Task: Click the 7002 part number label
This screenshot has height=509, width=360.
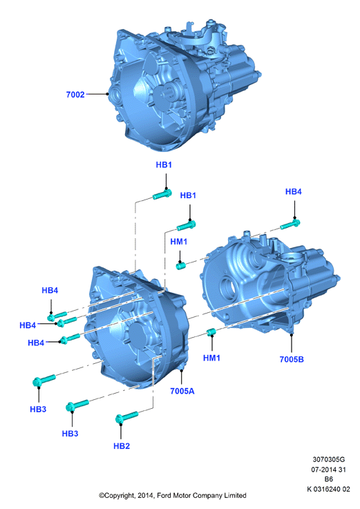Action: pyautogui.click(x=75, y=95)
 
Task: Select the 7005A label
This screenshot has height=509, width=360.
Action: pyautogui.click(x=182, y=391)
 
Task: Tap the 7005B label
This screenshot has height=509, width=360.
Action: pyautogui.click(x=292, y=359)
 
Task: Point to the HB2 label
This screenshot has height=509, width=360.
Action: pyautogui.click(x=122, y=446)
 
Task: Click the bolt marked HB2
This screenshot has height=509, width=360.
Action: pyautogui.click(x=126, y=417)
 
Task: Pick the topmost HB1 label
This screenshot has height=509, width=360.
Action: pyautogui.click(x=164, y=165)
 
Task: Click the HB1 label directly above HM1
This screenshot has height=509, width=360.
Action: pyautogui.click(x=188, y=195)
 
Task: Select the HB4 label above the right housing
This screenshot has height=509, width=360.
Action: pyautogui.click(x=294, y=191)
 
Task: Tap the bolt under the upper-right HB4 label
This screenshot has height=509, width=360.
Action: pyautogui.click(x=290, y=224)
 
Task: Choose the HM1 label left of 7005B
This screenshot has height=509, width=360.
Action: pyautogui.click(x=211, y=358)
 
